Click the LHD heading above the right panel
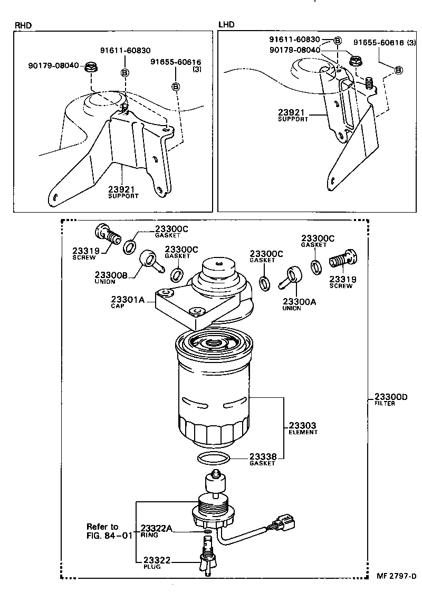(226, 24)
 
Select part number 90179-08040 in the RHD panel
(53, 66)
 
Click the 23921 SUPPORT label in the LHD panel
(293, 115)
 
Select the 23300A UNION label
(299, 304)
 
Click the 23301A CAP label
(127, 302)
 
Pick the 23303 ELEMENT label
(303, 428)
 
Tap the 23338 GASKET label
(262, 459)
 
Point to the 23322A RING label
(156, 530)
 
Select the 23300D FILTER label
(391, 400)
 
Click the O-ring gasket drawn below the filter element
(213, 458)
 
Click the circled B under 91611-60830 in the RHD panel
(125, 72)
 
